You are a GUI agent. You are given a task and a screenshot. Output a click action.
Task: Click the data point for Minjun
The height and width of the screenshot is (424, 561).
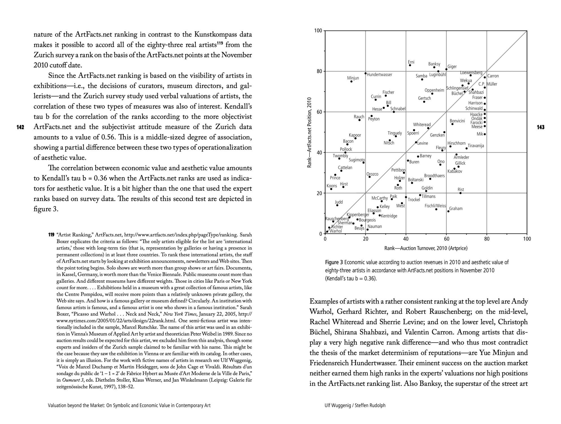(x=351, y=81)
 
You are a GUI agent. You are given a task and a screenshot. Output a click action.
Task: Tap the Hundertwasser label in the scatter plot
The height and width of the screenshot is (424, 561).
(x=379, y=75)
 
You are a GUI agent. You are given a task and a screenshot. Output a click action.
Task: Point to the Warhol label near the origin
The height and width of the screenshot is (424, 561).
(x=336, y=231)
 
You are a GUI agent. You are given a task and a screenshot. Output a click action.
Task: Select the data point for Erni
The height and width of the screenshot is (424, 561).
(x=410, y=65)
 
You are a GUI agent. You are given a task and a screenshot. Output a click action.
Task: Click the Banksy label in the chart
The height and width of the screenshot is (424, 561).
(x=434, y=64)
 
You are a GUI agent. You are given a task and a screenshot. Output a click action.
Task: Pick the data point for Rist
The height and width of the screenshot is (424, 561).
(x=460, y=193)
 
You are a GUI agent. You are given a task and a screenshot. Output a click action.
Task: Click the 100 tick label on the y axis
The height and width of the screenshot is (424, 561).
(x=318, y=31)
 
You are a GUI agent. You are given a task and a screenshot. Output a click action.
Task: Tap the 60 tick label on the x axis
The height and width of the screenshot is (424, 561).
(x=446, y=239)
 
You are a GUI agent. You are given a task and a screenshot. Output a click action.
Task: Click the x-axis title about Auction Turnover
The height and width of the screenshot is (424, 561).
(x=426, y=248)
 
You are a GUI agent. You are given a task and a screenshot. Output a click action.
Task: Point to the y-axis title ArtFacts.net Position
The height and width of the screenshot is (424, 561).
(x=309, y=132)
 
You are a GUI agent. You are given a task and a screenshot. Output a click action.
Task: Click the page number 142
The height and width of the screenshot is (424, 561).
(x=20, y=127)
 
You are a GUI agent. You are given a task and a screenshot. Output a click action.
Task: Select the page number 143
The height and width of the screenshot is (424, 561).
(x=540, y=127)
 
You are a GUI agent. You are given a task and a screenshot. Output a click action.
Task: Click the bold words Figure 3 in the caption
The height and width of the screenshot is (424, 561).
(x=334, y=262)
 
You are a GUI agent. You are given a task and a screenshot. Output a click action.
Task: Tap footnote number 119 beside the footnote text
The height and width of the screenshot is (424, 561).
(x=51, y=235)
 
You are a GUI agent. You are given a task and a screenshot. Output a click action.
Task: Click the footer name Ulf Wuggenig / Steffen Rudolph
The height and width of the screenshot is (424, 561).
(x=355, y=405)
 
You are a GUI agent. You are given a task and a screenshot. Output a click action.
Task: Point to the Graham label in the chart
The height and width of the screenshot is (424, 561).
(x=456, y=209)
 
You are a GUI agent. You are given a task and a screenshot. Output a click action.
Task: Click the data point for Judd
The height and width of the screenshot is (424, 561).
(x=337, y=205)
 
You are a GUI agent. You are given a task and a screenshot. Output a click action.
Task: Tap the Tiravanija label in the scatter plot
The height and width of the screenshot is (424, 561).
(x=476, y=146)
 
